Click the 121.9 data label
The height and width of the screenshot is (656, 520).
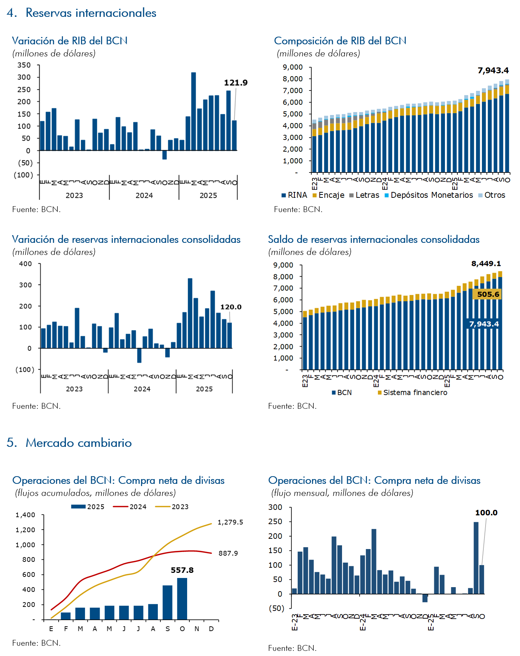click(x=235, y=83)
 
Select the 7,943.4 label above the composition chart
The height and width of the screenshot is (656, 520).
click(x=493, y=70)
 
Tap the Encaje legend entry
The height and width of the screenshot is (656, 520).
click(x=328, y=195)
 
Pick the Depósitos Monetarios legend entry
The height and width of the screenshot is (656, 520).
click(x=428, y=195)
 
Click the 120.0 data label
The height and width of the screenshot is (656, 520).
click(x=231, y=307)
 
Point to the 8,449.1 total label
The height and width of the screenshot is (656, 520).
click(x=486, y=264)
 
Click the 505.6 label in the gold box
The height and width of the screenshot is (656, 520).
click(x=488, y=294)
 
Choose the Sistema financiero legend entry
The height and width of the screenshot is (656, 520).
click(x=412, y=393)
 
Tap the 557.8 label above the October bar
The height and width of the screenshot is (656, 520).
click(x=182, y=570)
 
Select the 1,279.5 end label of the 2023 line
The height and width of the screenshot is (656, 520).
click(x=230, y=522)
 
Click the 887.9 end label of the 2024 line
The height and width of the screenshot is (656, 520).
click(x=228, y=553)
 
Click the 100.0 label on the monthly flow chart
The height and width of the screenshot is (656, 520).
click(x=486, y=513)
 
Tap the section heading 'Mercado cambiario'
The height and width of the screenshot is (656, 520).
click(x=78, y=443)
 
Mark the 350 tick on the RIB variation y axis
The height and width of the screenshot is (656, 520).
click(x=24, y=65)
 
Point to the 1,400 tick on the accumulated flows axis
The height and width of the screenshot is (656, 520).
click(x=25, y=515)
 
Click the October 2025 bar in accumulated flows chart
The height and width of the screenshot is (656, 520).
click(x=182, y=599)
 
